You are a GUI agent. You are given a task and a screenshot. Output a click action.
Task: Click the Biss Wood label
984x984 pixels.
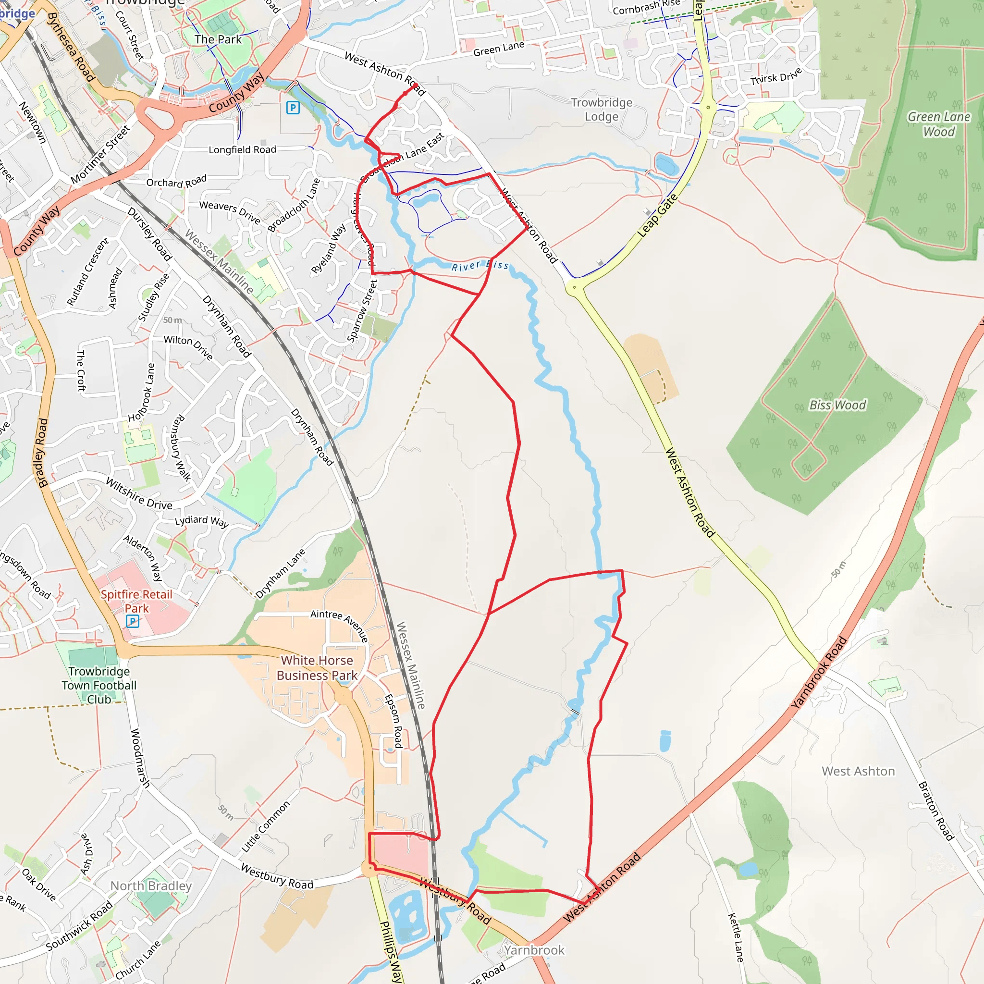pyautogui.click(x=837, y=406)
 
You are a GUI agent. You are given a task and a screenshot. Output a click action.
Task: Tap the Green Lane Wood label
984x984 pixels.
pyautogui.click(x=939, y=124)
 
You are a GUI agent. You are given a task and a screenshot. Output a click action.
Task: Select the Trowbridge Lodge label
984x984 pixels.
pyautogui.click(x=602, y=110)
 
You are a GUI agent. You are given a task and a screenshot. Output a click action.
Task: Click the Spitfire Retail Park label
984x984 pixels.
pyautogui.click(x=136, y=601)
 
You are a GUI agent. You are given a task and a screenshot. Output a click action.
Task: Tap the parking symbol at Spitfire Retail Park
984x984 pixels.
pyautogui.click(x=133, y=621)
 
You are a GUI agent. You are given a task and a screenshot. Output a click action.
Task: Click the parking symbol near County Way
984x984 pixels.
pyautogui.click(x=293, y=108)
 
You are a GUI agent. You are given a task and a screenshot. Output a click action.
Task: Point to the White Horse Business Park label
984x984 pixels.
pyautogui.click(x=317, y=667)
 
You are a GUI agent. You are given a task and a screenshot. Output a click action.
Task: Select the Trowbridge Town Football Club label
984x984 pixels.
pyautogui.click(x=99, y=685)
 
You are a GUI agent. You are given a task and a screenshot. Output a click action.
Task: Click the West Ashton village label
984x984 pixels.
pyautogui.click(x=858, y=771)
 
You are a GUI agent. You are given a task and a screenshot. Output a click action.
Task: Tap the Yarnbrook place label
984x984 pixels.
pyautogui.click(x=534, y=950)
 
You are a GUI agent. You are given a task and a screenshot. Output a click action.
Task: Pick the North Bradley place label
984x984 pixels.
pyautogui.click(x=151, y=886)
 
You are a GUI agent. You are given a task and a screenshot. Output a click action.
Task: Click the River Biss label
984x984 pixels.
pyautogui.click(x=480, y=266)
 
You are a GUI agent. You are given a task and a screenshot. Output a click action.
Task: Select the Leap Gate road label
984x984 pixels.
pyautogui.click(x=658, y=215)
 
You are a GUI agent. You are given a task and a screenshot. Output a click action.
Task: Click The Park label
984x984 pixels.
pyautogui.click(x=218, y=39)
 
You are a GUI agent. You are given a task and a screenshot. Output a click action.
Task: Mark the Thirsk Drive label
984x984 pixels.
pyautogui.click(x=775, y=77)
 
